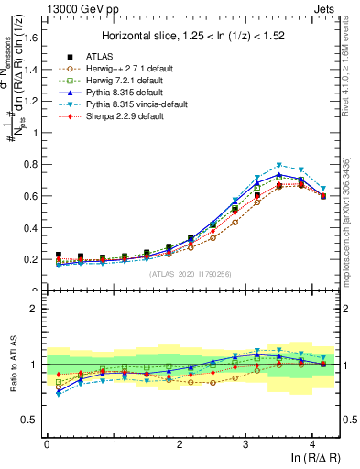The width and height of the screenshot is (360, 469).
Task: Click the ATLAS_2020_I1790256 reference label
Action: (x=190, y=274)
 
